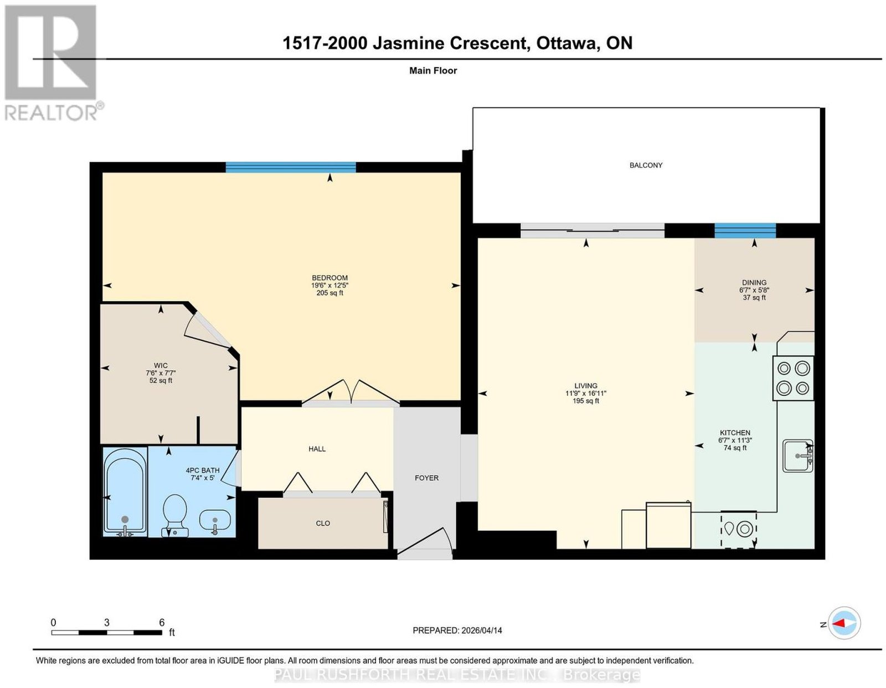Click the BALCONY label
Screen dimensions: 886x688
click(646, 165)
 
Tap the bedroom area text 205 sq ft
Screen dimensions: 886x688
click(329, 293)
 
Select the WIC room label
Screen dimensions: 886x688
click(161, 365)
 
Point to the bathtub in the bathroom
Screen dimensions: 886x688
click(125, 492)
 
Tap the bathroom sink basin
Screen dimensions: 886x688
click(215, 521)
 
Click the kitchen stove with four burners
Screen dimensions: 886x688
click(793, 378)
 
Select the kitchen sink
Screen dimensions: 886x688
click(797, 456)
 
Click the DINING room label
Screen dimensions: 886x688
click(754, 283)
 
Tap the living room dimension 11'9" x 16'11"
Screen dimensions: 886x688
click(585, 394)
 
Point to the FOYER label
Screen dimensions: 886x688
click(426, 478)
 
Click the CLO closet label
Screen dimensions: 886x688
click(322, 524)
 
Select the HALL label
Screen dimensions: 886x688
click(317, 449)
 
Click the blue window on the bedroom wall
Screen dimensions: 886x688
click(291, 167)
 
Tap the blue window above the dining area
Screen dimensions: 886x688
click(745, 231)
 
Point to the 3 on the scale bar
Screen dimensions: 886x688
click(107, 623)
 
